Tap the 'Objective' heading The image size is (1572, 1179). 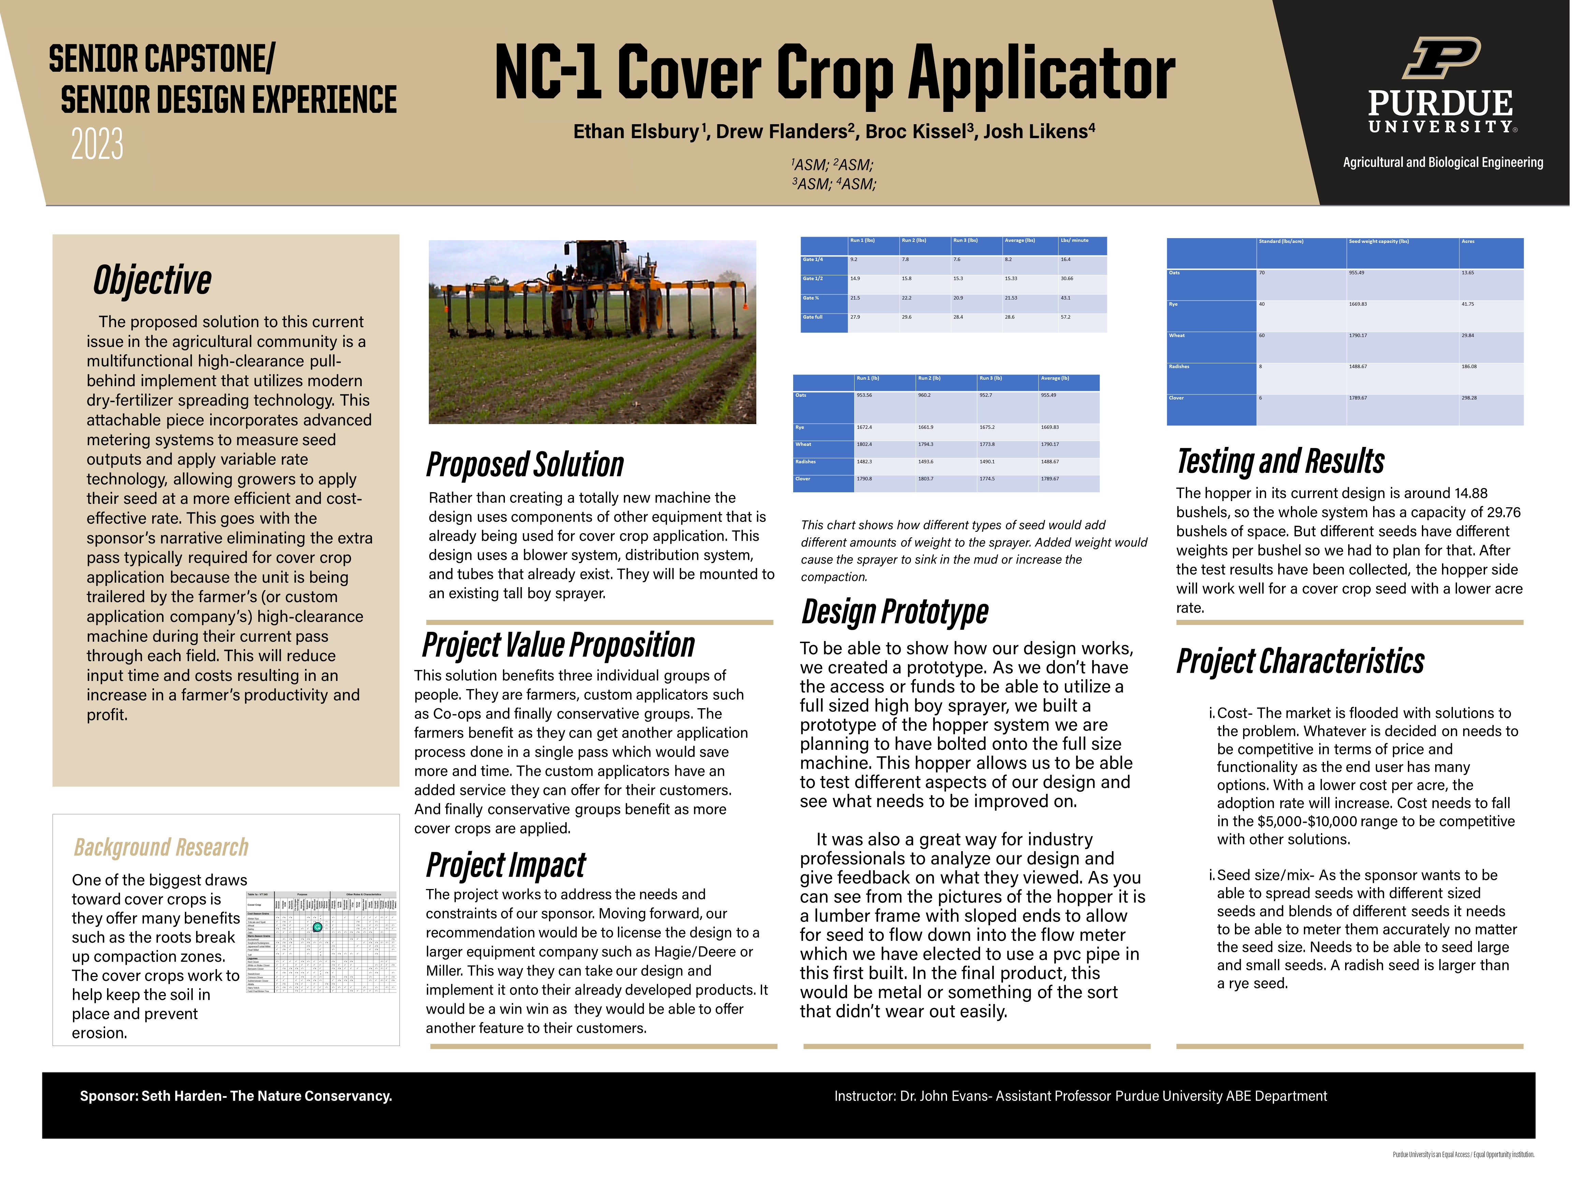click(x=152, y=279)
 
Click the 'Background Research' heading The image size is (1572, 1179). click(x=161, y=847)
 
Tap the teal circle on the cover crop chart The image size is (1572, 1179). click(x=318, y=927)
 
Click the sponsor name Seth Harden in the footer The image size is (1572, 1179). click(x=180, y=1096)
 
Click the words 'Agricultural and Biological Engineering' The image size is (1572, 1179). click(x=1443, y=162)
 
